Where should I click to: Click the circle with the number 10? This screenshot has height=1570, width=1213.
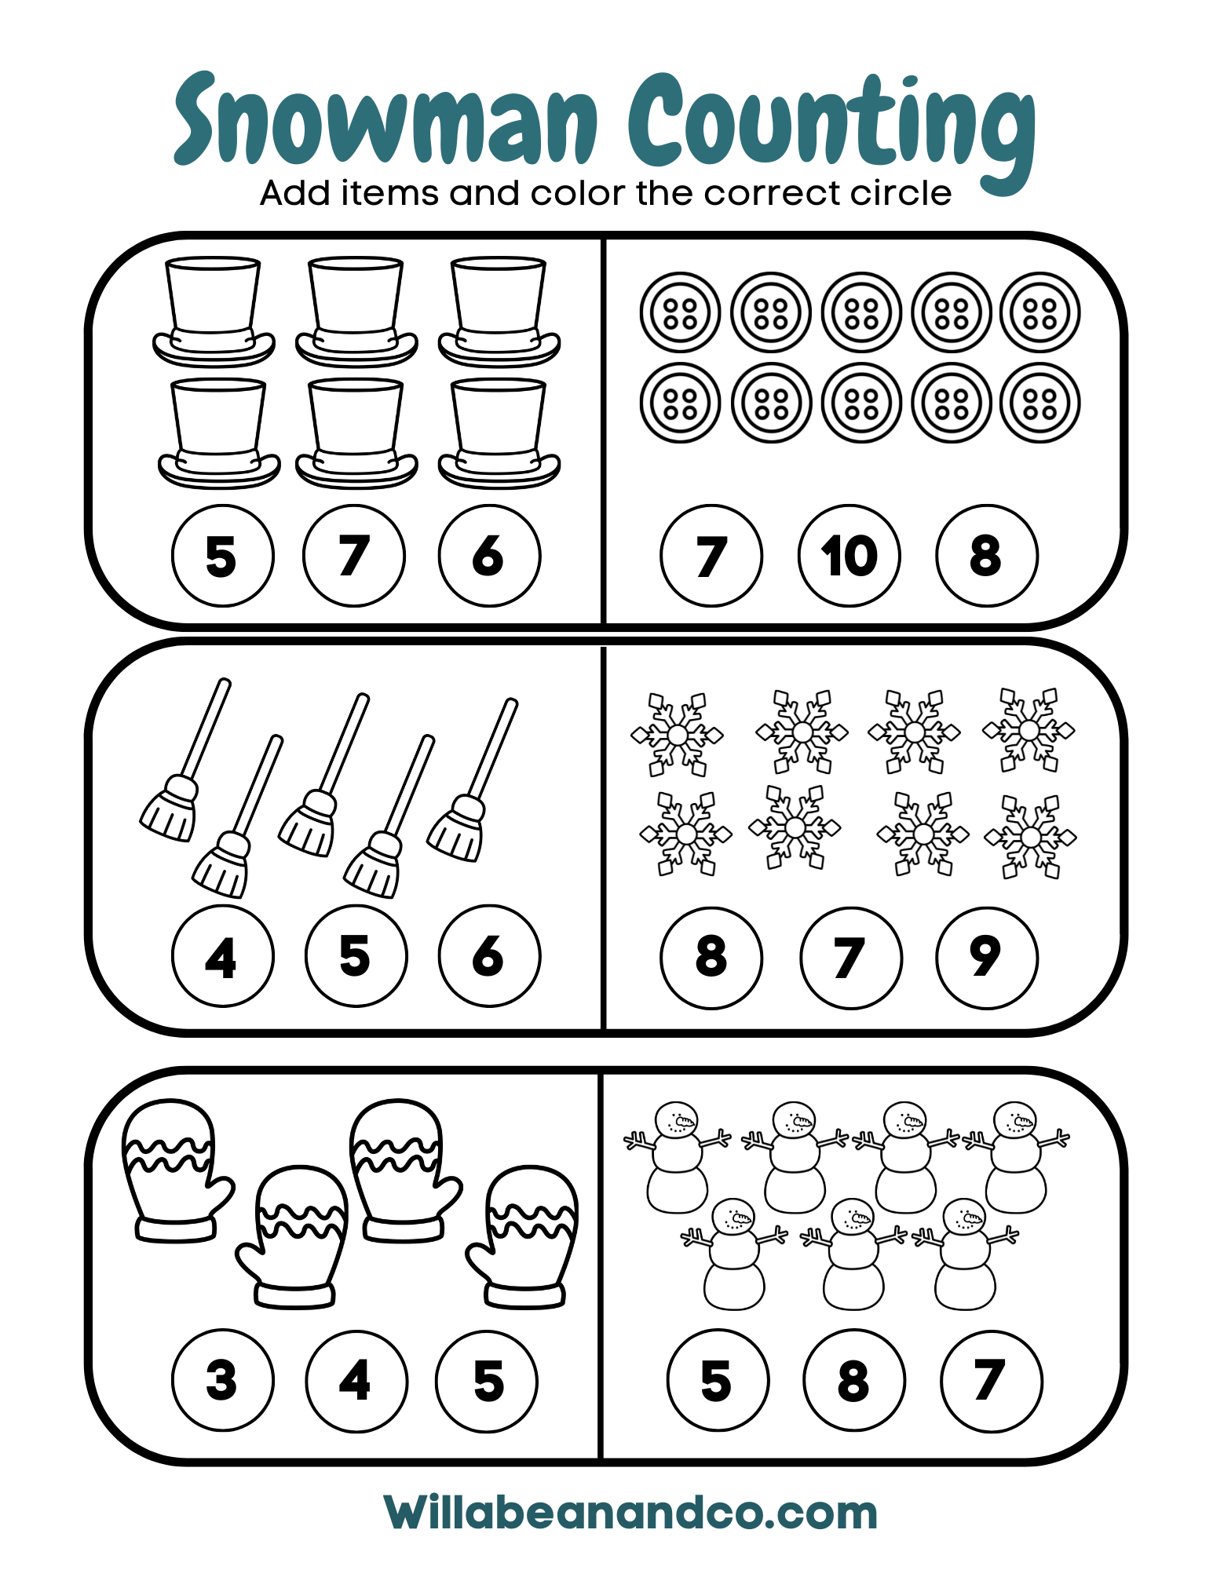click(849, 556)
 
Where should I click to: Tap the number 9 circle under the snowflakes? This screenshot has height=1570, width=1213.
click(987, 958)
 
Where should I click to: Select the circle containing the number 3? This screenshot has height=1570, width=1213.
click(223, 1379)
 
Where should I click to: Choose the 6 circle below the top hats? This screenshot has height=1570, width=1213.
click(490, 556)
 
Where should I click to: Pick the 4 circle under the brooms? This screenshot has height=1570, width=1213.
click(223, 956)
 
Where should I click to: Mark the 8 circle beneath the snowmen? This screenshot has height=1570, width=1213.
click(854, 1379)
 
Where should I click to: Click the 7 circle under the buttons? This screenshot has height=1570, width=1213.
click(711, 556)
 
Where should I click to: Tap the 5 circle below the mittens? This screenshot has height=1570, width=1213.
click(488, 1381)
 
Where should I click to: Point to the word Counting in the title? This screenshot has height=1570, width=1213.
click(832, 130)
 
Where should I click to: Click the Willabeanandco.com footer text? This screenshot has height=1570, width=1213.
click(630, 1513)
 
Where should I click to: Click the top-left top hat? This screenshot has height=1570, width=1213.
click(214, 311)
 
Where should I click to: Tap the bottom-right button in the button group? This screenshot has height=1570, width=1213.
click(1040, 403)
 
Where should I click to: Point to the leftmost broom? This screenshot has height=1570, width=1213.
click(185, 759)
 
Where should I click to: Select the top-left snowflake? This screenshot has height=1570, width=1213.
click(677, 735)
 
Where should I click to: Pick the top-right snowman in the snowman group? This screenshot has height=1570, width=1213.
click(1016, 1157)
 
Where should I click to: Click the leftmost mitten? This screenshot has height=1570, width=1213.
click(176, 1170)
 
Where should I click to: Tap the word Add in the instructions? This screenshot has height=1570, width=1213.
click(294, 193)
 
